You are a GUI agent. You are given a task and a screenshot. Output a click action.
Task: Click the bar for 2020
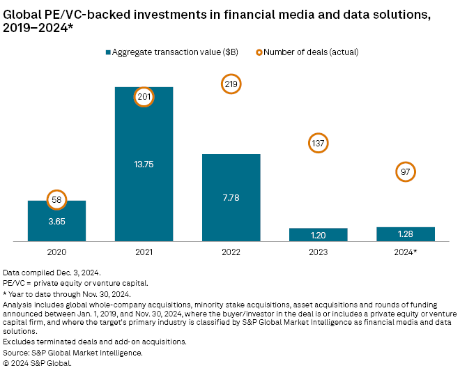56,222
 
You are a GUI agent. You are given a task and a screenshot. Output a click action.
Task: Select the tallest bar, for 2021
144,164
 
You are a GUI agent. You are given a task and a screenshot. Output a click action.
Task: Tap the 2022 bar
231,198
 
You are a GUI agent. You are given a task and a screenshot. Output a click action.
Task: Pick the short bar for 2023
318,235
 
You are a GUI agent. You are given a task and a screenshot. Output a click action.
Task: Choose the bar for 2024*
406,234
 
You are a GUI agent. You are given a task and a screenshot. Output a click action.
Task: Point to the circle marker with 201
144,97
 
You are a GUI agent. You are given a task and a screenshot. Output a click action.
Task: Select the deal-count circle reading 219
231,84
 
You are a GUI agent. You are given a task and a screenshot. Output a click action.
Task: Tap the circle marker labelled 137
318,144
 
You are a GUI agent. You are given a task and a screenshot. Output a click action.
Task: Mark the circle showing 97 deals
406,171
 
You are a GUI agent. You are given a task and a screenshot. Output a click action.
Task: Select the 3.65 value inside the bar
56,221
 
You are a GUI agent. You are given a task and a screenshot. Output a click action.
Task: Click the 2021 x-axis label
144,252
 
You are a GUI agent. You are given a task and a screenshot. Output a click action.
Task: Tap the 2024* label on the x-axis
406,252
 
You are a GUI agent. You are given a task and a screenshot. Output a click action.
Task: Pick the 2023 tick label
318,252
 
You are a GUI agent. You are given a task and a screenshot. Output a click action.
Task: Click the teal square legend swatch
108,51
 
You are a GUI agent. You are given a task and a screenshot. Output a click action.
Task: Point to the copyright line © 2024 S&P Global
38,362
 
